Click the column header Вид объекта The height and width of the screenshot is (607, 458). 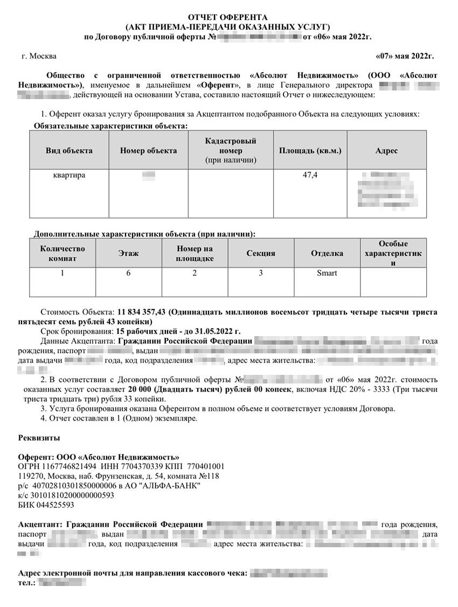[69, 150]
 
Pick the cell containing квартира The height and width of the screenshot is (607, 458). [69, 176]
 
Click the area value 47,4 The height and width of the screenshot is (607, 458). [310, 176]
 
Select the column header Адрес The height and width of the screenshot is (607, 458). [386, 150]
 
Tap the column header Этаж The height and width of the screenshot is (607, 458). [128, 253]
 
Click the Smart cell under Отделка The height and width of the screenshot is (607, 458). [327, 273]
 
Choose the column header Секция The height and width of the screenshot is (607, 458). [261, 253]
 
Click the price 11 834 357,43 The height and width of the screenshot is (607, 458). [142, 312]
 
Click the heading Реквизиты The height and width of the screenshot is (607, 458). [39, 437]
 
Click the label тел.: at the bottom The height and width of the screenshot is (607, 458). [27, 583]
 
